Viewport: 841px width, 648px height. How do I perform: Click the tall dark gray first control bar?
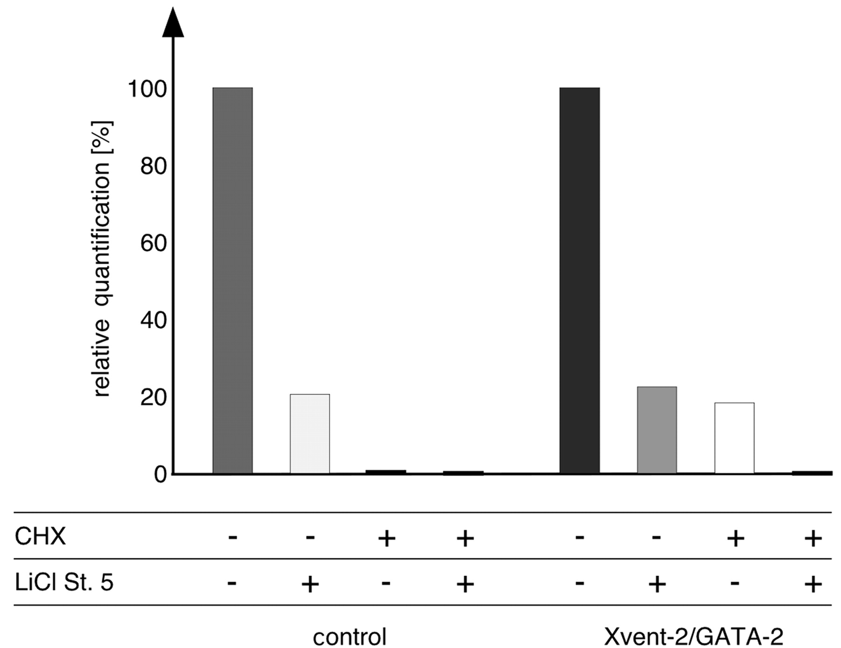(x=233, y=280)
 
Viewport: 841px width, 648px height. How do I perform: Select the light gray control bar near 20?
(x=310, y=434)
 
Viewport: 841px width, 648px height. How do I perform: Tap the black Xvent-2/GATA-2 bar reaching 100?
(x=579, y=280)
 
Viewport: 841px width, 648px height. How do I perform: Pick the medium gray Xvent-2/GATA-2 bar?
(x=657, y=430)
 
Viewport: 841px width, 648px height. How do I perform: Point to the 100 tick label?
(x=147, y=89)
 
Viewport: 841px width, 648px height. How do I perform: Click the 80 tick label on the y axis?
(x=154, y=166)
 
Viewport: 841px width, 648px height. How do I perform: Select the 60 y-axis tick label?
(x=154, y=243)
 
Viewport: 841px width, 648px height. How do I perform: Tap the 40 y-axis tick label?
(x=154, y=320)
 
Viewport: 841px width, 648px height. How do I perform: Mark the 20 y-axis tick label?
(x=154, y=397)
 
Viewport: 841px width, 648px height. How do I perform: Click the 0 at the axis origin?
(x=160, y=475)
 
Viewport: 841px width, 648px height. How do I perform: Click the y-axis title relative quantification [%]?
(x=102, y=259)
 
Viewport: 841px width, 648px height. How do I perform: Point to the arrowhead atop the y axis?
(x=173, y=23)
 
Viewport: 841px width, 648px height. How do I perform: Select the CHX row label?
(x=40, y=536)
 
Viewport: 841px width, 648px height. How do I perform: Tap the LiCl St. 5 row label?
(x=64, y=583)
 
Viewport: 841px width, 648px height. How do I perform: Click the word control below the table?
(x=349, y=636)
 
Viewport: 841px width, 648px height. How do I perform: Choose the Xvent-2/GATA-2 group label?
(x=693, y=636)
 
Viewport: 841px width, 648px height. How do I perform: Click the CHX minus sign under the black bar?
(x=579, y=537)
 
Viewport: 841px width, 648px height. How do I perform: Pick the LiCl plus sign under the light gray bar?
(x=310, y=584)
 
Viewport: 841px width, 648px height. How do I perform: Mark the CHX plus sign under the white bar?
(x=735, y=538)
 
